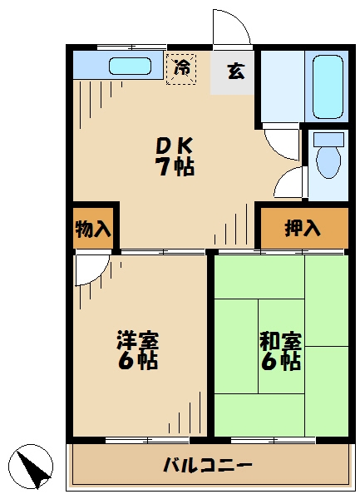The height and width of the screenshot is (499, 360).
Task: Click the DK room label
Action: (175, 144)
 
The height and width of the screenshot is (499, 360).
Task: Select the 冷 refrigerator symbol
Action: (180, 68)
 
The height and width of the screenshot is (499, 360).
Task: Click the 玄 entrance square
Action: (235, 72)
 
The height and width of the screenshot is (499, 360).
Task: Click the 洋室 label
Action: (137, 341)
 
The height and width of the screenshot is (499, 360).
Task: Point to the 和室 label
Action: (280, 341)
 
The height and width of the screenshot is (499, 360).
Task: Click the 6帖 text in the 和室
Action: (280, 363)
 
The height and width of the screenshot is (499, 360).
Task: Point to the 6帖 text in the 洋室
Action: (137, 363)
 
